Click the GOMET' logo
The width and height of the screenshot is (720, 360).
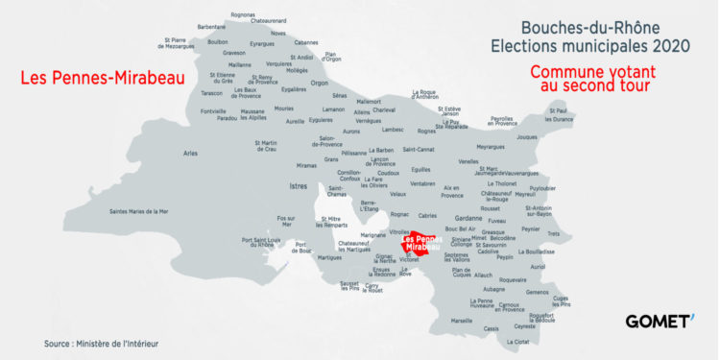(x=660, y=321)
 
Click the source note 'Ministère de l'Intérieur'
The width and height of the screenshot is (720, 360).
(x=101, y=343)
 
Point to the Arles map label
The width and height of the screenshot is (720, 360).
(x=190, y=154)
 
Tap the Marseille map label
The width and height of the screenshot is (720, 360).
(x=462, y=320)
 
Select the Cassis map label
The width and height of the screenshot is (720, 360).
(x=492, y=328)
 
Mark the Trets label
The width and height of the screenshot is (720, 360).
(x=553, y=233)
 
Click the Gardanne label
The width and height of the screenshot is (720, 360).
(x=468, y=217)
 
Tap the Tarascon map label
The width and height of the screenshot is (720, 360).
(x=212, y=93)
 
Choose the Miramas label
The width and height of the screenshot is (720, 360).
(x=279, y=165)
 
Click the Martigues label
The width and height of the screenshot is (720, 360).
(x=329, y=257)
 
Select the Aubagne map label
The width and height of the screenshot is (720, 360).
(x=493, y=288)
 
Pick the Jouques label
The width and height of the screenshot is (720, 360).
(x=526, y=137)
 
